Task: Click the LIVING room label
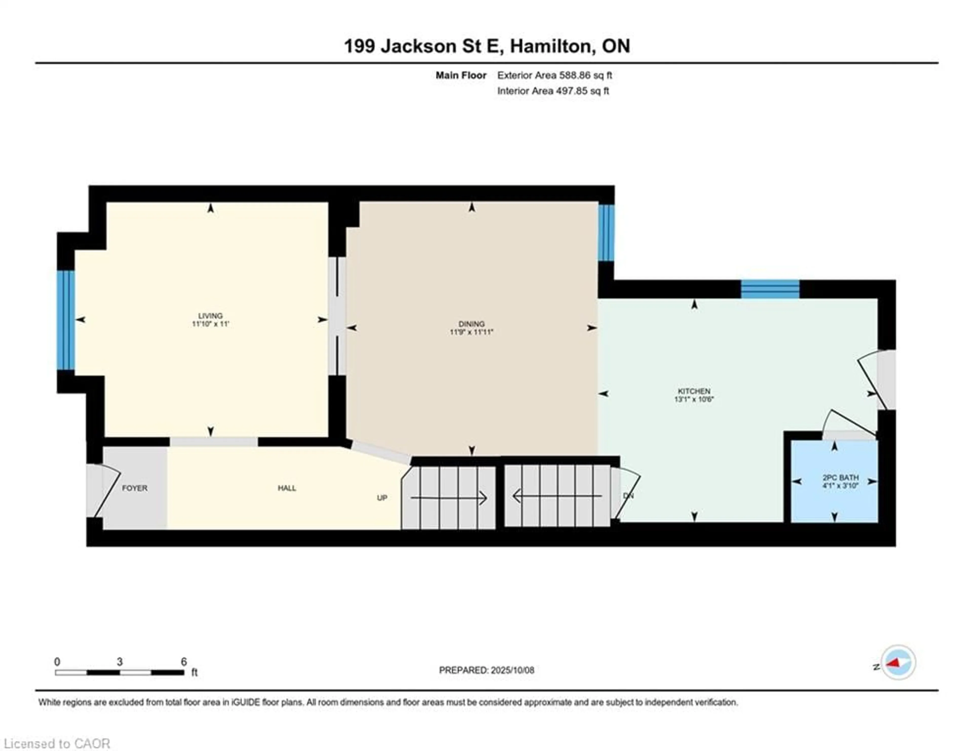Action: click(210, 315)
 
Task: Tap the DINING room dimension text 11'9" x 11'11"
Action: click(471, 332)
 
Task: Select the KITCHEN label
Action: click(694, 391)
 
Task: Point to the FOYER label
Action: click(135, 488)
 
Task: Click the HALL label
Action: click(287, 488)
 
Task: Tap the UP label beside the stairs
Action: click(382, 498)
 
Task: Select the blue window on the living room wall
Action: click(65, 320)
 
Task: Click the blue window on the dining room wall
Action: click(606, 233)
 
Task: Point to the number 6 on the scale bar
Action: click(183, 662)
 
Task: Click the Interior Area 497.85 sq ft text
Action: click(553, 91)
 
